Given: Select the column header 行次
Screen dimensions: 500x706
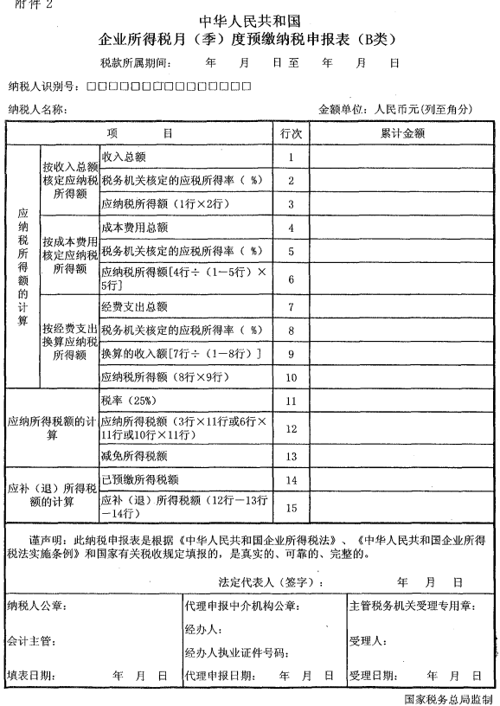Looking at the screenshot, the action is click(291, 134).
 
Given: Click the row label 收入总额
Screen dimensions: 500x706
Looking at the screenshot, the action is click(123, 157).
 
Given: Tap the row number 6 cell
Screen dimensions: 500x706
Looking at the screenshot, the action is click(291, 279).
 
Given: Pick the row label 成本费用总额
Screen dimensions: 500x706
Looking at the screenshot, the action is click(134, 228).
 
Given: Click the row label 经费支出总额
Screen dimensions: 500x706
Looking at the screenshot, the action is click(134, 307).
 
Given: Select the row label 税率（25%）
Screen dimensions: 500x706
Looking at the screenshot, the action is click(127, 401).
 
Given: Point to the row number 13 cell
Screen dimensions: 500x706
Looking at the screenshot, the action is click(291, 456).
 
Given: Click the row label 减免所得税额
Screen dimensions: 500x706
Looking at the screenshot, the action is click(134, 456).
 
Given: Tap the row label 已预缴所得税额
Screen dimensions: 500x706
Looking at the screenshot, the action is click(140, 479).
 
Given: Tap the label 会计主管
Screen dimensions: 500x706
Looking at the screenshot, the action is click(30, 641).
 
